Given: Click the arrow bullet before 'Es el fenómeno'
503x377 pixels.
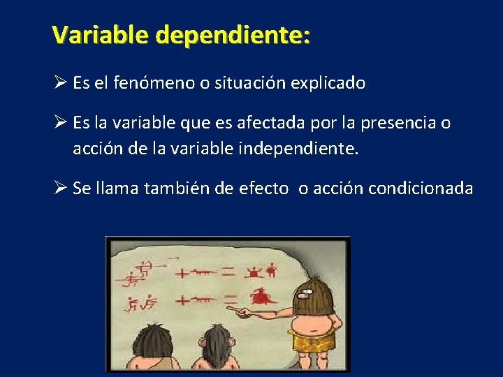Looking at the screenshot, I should [59, 83].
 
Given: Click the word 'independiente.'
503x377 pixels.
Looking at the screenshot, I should [306, 148].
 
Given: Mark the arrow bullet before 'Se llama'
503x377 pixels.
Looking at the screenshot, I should [59, 188].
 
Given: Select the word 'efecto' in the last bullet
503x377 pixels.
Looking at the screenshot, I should [263, 188].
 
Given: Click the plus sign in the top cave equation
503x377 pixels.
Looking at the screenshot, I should [182, 273].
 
